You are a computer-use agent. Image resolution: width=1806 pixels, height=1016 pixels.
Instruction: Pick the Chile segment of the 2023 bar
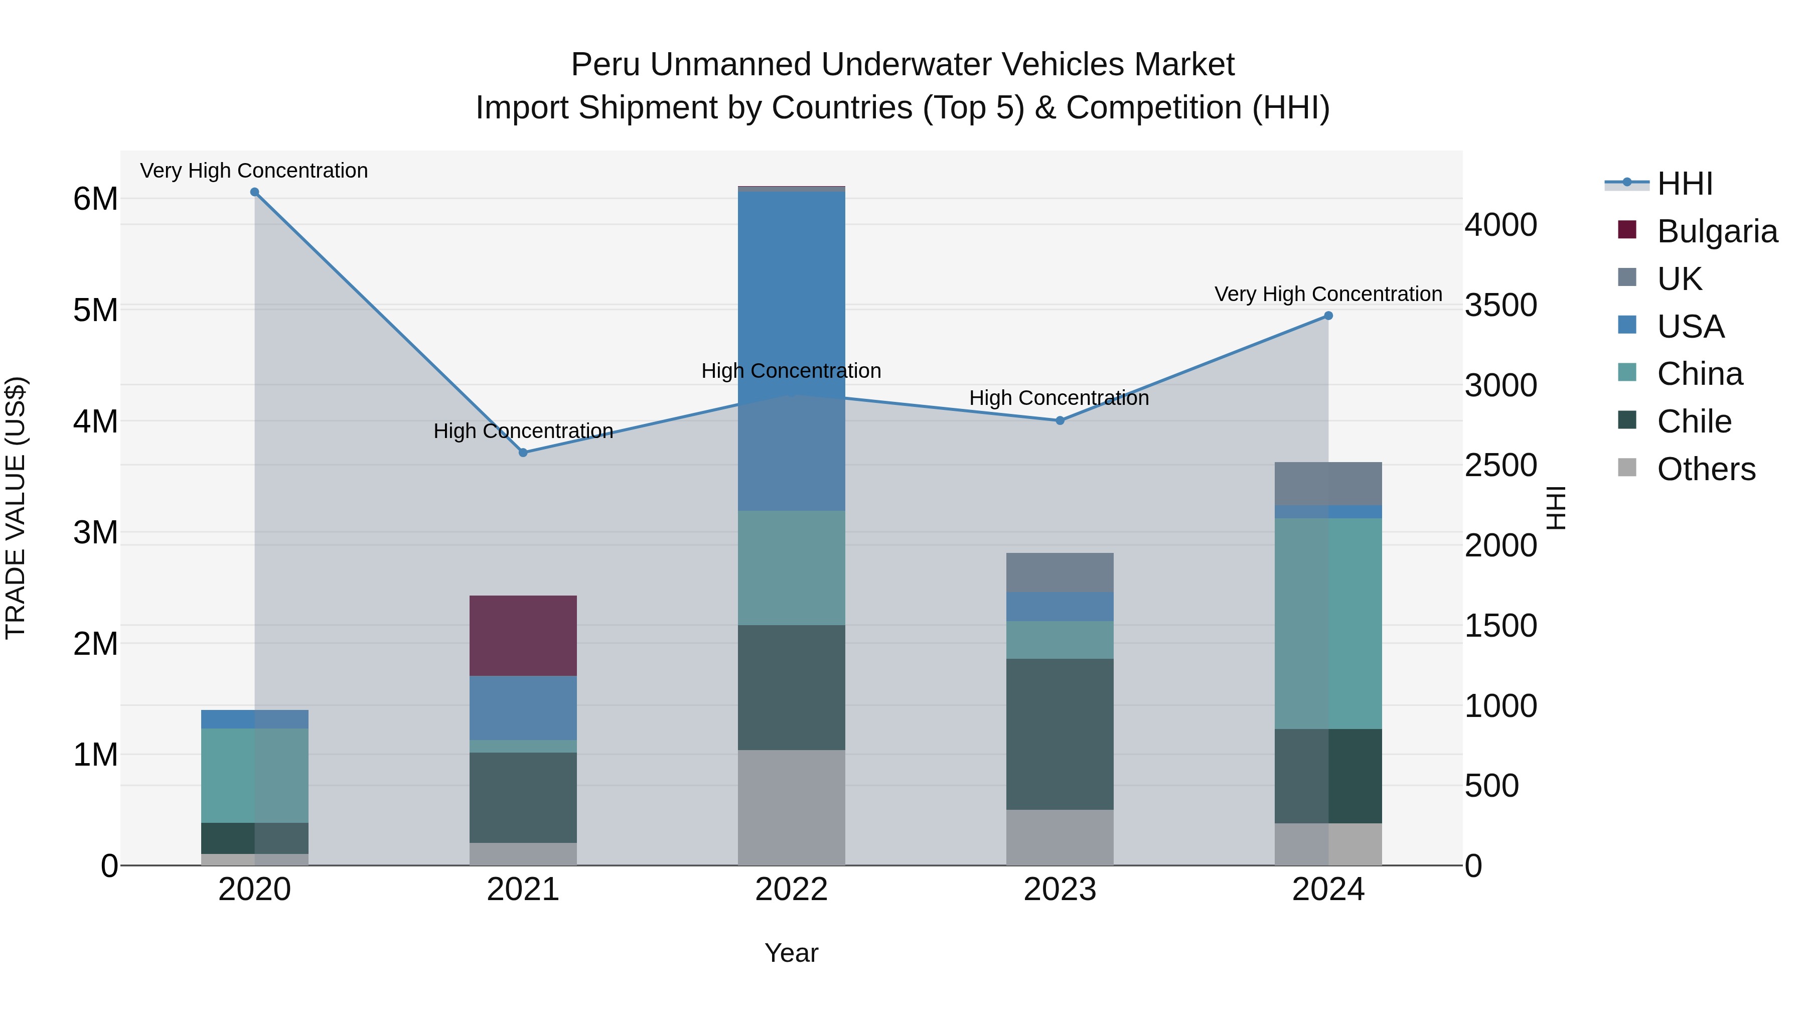1060,734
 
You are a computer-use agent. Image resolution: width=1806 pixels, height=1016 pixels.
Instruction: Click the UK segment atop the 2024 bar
1328,483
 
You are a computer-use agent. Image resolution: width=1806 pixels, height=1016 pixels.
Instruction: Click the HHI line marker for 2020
254,192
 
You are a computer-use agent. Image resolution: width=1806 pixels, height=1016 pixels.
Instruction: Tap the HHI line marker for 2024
1328,316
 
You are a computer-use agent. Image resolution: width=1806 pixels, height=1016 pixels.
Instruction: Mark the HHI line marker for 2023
1060,421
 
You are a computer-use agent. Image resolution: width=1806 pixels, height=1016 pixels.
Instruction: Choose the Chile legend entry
1693,421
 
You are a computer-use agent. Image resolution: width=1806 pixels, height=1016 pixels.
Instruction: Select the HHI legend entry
1684,184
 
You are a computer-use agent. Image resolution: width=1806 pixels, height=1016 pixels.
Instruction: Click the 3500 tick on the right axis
1500,306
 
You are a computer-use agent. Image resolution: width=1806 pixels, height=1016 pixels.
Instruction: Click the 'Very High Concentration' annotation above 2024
1328,294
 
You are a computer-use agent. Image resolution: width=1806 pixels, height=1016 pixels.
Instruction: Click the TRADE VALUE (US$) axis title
16,508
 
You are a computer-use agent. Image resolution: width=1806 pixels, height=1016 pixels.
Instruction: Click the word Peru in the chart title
605,65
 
